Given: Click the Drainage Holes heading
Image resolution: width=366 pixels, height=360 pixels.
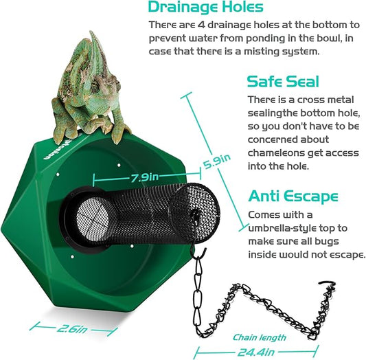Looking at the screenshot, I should point(205,8).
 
